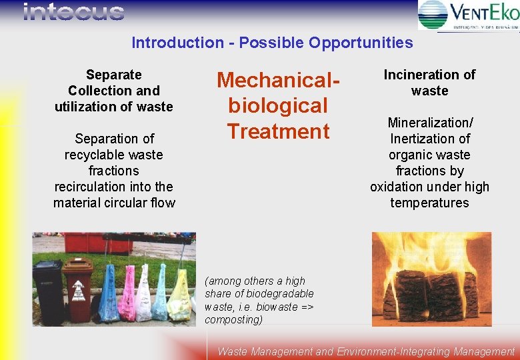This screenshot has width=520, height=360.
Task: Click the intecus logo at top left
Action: pos(73,12)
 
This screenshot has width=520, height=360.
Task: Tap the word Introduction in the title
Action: pos(177,43)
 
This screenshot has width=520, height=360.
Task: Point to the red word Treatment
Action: pos(279,131)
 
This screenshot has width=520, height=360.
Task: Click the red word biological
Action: pos(279,105)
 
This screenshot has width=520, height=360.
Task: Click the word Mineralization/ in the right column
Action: pos(429,123)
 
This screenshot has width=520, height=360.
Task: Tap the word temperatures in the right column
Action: pos(429,203)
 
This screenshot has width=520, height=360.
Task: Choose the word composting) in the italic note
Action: pos(234,319)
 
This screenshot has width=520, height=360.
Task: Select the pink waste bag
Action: pos(127,294)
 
